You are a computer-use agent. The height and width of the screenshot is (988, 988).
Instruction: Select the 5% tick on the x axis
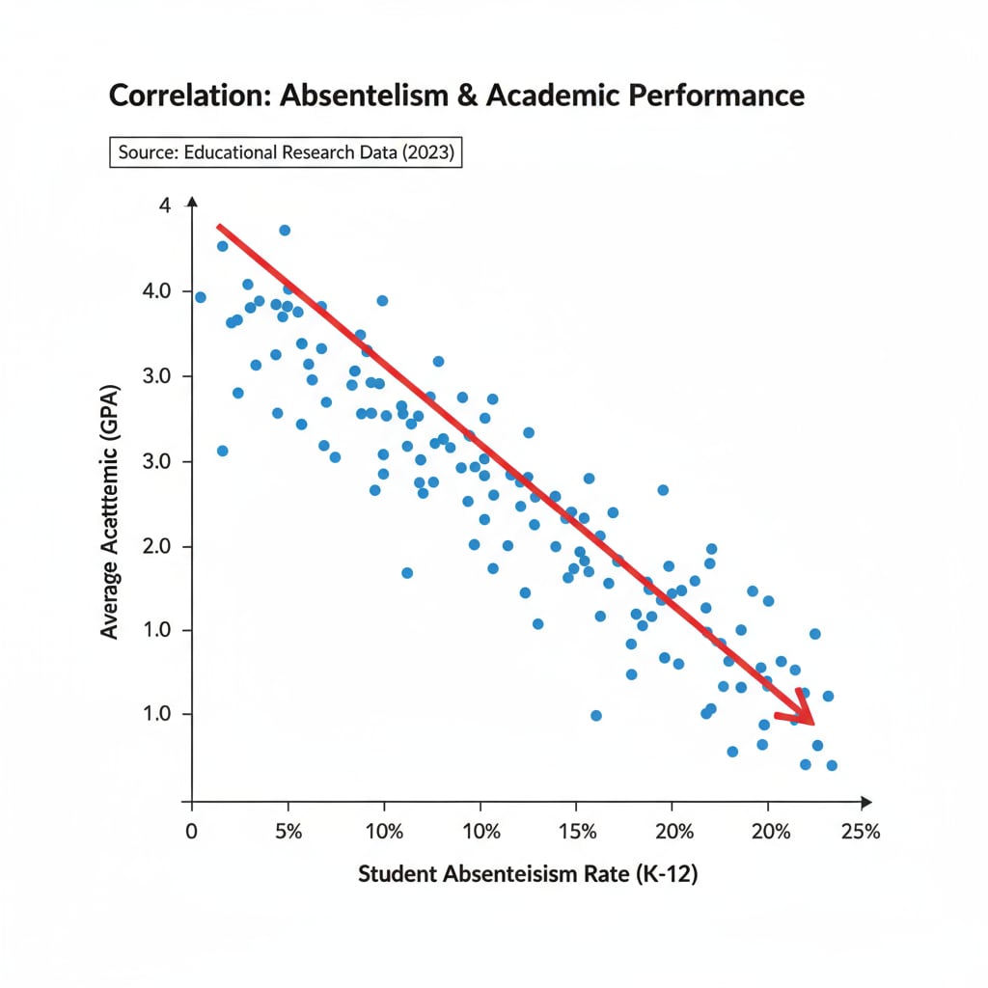[x=288, y=831]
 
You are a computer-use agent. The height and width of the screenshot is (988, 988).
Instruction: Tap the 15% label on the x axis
[x=578, y=831]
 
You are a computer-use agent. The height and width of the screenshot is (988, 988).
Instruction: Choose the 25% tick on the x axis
[x=861, y=831]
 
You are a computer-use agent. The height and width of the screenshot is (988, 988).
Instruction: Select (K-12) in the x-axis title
[x=664, y=875]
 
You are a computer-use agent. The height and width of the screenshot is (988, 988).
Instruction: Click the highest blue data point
[x=285, y=230]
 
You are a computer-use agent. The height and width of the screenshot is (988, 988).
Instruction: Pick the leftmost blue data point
[x=200, y=297]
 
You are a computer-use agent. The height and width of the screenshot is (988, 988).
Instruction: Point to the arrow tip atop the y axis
[x=191, y=200]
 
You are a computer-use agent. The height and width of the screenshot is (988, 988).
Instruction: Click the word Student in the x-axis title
[x=396, y=875]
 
